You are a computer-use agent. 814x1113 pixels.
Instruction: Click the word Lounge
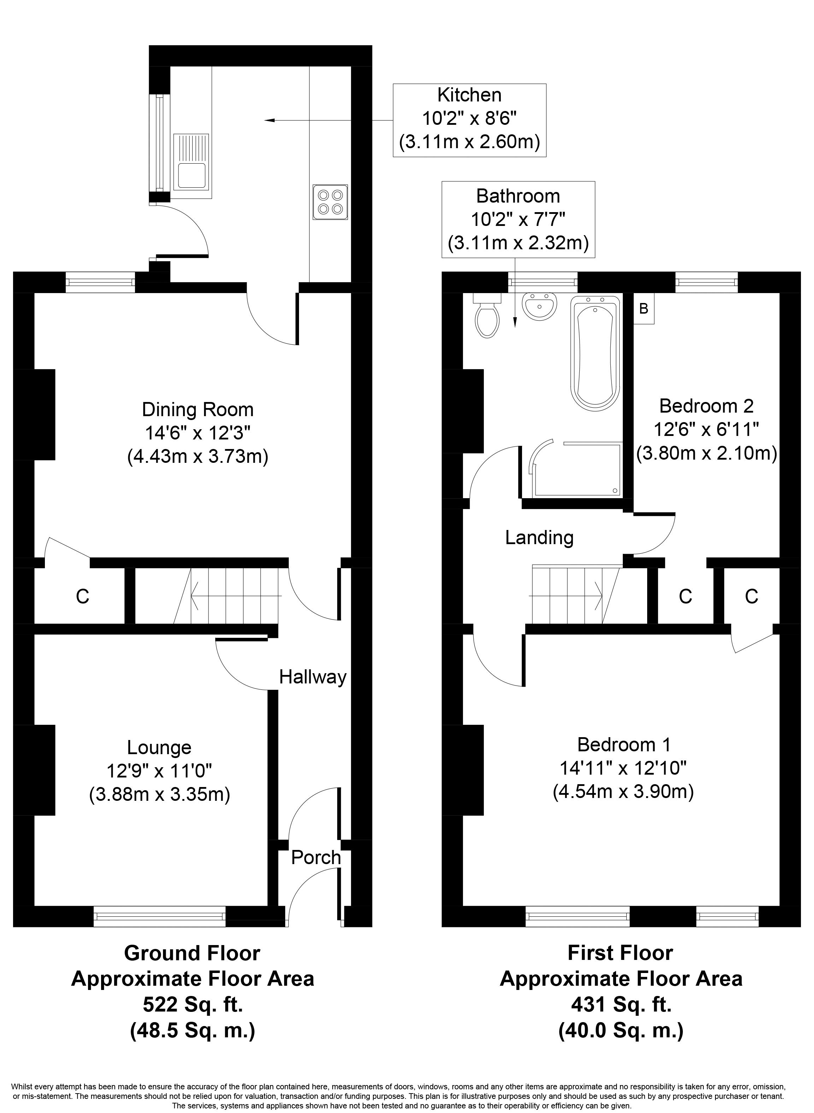[x=159, y=748]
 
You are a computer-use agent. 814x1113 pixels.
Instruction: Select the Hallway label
[x=313, y=677]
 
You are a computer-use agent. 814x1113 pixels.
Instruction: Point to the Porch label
[x=316, y=858]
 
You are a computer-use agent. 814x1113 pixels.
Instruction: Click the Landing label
[x=539, y=537]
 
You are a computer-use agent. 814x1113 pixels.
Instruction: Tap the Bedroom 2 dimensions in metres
[x=707, y=453]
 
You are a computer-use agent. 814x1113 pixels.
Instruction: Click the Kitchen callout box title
[x=469, y=95]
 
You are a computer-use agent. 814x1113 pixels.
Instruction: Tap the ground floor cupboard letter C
[x=82, y=597]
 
